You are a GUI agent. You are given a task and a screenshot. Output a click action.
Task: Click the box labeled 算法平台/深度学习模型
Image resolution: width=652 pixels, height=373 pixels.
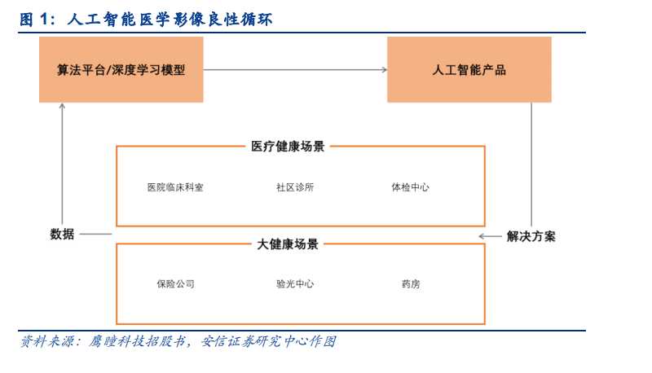121,69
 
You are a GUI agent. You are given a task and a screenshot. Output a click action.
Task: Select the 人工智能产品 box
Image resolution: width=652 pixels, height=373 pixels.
469,69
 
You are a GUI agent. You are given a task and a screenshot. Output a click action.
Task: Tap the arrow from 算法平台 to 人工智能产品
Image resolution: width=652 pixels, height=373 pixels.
295,70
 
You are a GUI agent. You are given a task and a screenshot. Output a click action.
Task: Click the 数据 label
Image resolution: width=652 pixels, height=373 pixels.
62,235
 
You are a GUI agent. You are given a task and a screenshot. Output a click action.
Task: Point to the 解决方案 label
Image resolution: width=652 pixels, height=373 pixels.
531,236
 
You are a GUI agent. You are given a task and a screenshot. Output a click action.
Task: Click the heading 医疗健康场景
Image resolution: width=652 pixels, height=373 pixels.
288,147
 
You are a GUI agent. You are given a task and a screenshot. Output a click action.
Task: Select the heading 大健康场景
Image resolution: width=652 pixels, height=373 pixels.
288,244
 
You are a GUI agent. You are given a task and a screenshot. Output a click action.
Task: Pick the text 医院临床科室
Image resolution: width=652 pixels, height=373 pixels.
175,187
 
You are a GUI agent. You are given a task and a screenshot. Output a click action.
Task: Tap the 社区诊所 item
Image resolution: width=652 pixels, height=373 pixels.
295,187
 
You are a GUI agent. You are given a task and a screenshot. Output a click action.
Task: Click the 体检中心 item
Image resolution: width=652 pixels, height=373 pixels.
411,187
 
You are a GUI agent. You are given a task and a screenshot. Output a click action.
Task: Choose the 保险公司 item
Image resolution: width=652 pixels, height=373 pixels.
175,284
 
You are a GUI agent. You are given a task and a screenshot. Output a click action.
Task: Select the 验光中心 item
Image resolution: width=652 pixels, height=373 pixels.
295,284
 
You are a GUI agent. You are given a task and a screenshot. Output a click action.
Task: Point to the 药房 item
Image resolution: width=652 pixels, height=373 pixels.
411,284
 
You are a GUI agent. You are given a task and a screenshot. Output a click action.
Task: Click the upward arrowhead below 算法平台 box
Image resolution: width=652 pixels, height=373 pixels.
63,106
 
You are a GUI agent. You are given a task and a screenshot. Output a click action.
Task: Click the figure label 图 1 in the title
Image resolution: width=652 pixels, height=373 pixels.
35,19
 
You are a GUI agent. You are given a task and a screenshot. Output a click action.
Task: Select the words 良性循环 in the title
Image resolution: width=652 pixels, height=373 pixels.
240,19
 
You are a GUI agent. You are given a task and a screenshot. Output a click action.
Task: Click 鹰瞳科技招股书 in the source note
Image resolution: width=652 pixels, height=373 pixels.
137,341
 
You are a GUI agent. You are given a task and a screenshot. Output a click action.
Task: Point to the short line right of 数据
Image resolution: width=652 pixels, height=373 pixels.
95,235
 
